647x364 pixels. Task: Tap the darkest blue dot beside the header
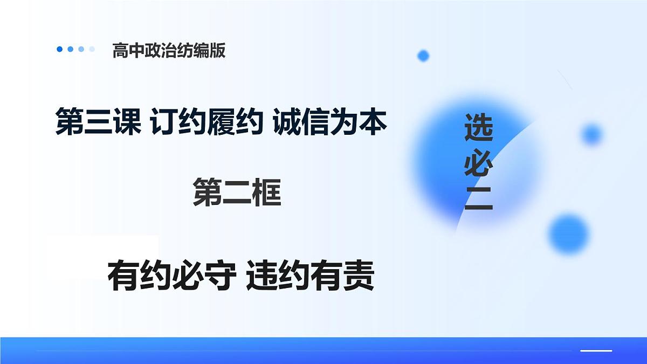pos(59,49)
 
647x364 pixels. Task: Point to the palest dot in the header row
pos(92,49)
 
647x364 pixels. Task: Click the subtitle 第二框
pos(237,194)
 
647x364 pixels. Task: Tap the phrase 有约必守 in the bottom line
pos(171,277)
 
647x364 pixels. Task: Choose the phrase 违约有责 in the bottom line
pos(311,277)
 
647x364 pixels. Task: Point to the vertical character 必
pos(478,163)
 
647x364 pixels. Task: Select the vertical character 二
pos(478,200)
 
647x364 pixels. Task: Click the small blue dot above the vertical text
pos(423,55)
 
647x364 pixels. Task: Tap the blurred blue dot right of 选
pos(591,134)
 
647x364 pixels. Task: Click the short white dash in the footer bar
pos(596,351)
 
